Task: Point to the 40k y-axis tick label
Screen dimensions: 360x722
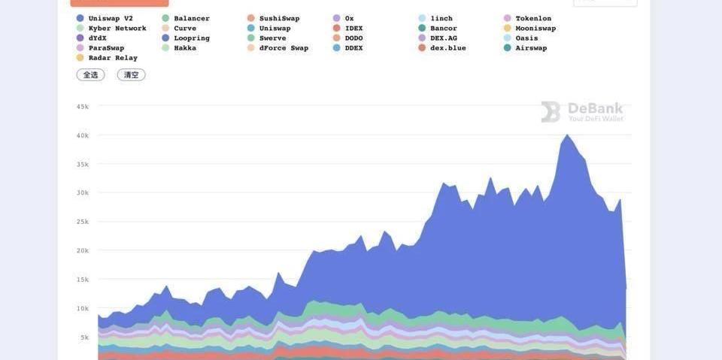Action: (x=82, y=135)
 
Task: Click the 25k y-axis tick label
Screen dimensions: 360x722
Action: (x=82, y=222)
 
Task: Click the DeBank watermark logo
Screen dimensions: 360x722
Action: (x=581, y=112)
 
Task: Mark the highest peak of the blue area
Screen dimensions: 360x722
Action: (x=566, y=135)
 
